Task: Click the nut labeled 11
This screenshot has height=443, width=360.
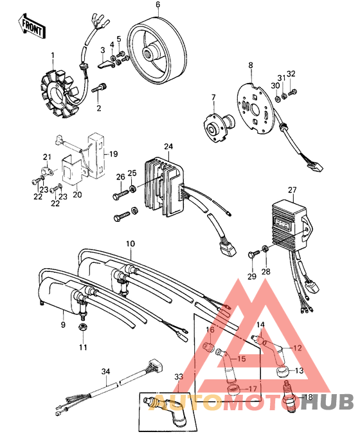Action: [82, 328]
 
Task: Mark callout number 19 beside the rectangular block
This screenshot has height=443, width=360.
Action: [113, 154]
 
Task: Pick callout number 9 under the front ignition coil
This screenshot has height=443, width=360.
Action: [63, 325]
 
